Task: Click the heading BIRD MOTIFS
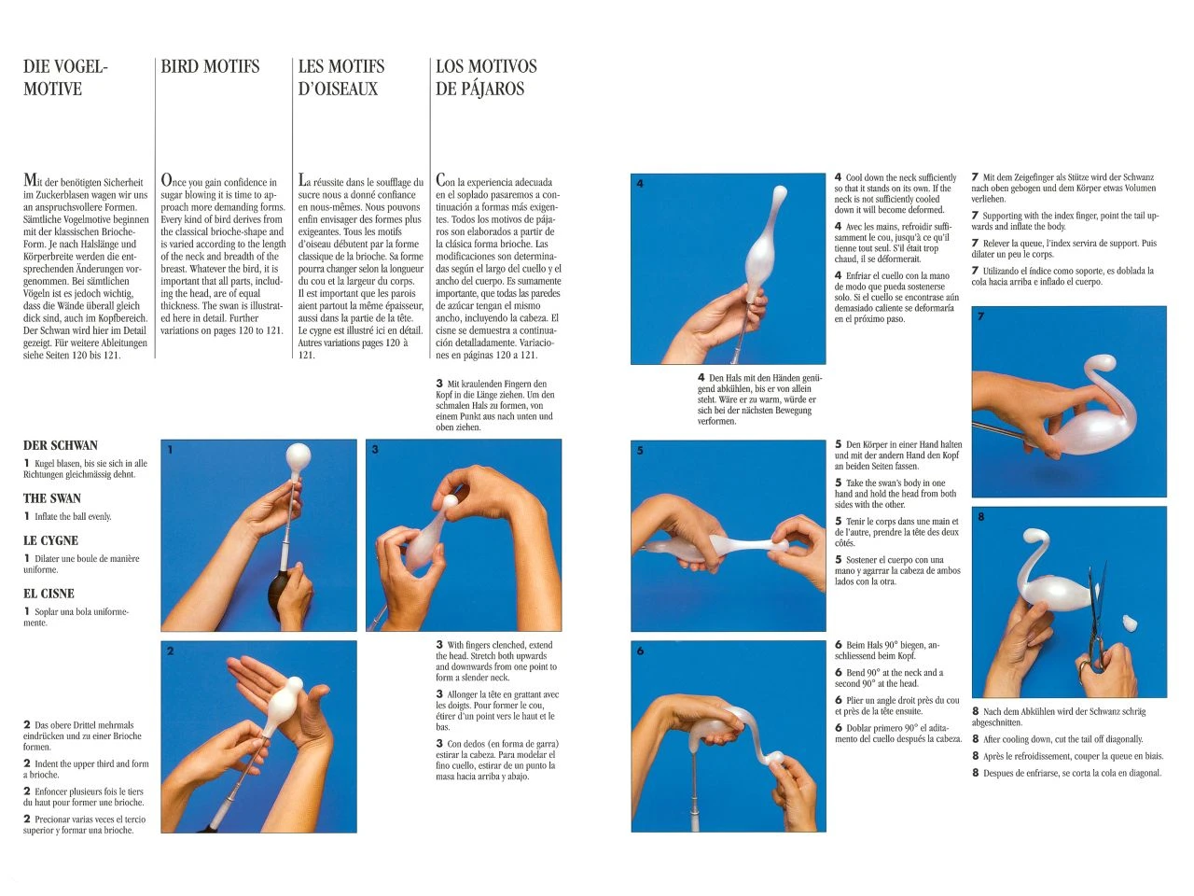pyautogui.click(x=210, y=66)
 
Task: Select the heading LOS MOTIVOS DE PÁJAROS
pyautogui.click(x=485, y=77)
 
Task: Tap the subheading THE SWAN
pyautogui.click(x=52, y=498)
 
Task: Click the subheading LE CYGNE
pyautogui.click(x=50, y=540)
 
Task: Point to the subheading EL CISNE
pyautogui.click(x=49, y=594)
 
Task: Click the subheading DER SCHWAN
pyautogui.click(x=60, y=446)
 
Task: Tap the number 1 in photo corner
pyautogui.click(x=170, y=450)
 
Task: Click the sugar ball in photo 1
pyautogui.click(x=298, y=456)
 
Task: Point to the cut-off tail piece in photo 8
pyautogui.click(x=1128, y=622)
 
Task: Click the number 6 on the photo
pyautogui.click(x=640, y=651)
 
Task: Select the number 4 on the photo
pyautogui.click(x=640, y=184)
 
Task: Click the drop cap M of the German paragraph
pyautogui.click(x=31, y=181)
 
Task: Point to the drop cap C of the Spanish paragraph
pyautogui.click(x=442, y=181)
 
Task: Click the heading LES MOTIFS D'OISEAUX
pyautogui.click(x=340, y=77)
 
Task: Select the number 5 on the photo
pyautogui.click(x=640, y=451)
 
